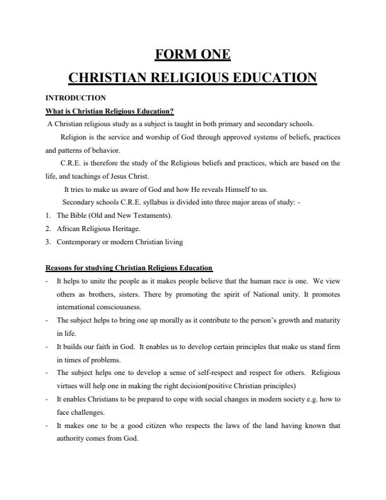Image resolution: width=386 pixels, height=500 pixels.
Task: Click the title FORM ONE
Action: pyautogui.click(x=192, y=55)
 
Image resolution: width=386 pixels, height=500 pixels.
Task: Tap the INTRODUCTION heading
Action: pyautogui.click(x=76, y=98)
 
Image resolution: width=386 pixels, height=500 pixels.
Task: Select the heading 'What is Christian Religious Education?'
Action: pyautogui.click(x=110, y=111)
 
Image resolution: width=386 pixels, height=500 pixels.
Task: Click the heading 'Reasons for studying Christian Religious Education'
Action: pyautogui.click(x=129, y=268)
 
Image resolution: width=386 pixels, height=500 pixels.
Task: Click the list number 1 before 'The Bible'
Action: pyautogui.click(x=48, y=215)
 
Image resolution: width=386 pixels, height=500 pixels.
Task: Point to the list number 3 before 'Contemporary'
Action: pyautogui.click(x=48, y=242)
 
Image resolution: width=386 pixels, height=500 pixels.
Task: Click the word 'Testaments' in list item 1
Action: pyautogui.click(x=149, y=215)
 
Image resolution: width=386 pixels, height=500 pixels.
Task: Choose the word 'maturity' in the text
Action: pyautogui.click(x=327, y=320)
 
